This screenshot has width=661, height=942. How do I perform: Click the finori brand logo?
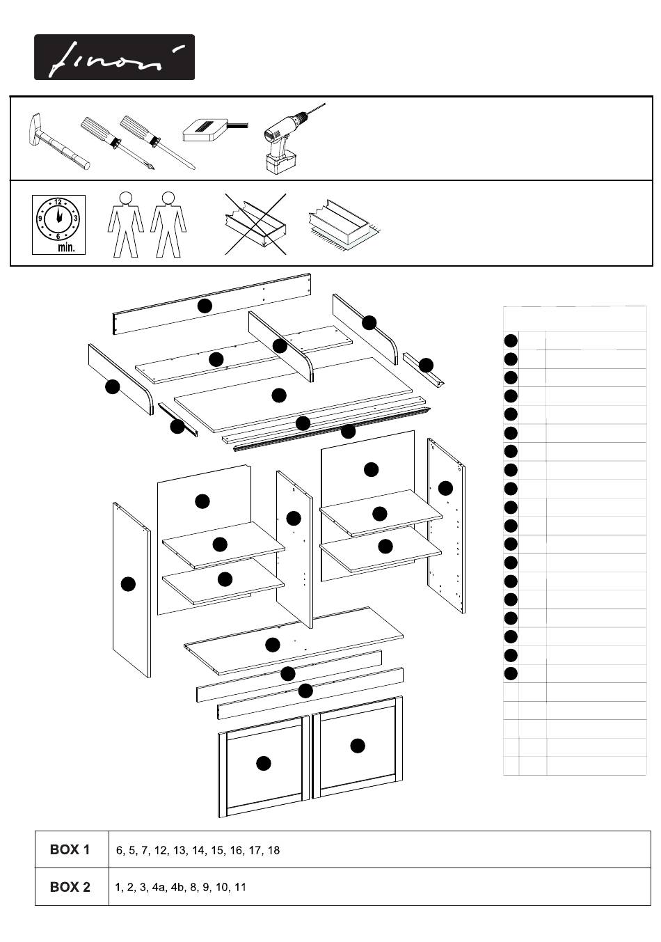click(x=114, y=57)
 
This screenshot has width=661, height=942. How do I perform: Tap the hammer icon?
click(x=58, y=141)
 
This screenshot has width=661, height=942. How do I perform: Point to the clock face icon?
click(x=58, y=219)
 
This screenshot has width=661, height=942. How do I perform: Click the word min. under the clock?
click(x=66, y=247)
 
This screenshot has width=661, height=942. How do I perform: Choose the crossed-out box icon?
click(x=255, y=224)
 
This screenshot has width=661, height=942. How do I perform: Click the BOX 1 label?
click(x=70, y=849)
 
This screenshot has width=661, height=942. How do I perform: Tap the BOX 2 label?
click(x=70, y=887)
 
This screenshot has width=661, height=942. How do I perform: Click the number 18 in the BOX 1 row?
click(x=273, y=850)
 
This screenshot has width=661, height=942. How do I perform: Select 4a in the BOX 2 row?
click(x=158, y=887)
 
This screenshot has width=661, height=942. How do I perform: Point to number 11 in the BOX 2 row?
click(x=240, y=887)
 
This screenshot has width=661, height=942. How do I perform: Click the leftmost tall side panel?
click(x=132, y=590)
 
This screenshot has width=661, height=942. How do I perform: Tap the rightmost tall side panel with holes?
click(x=446, y=526)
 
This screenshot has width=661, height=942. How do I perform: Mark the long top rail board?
click(x=212, y=304)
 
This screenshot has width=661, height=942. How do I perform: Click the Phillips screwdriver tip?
click(x=153, y=168)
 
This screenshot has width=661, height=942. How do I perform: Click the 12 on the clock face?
click(x=58, y=202)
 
